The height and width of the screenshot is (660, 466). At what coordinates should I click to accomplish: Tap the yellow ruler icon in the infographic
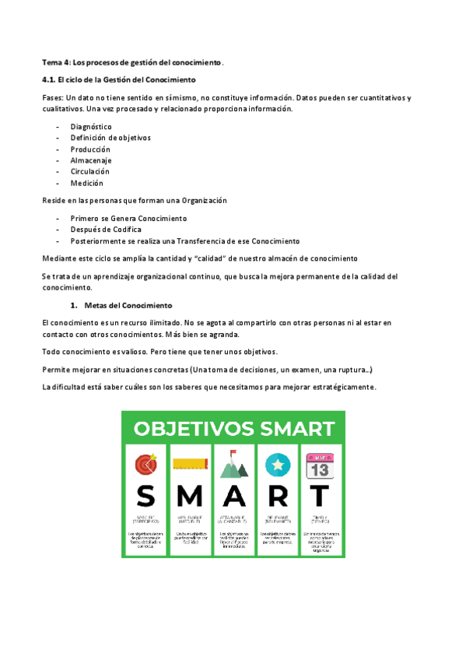pos(189,464)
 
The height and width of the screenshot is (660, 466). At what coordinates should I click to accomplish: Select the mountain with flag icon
pos(233,464)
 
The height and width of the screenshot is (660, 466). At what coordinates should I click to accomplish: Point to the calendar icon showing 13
pos(320,465)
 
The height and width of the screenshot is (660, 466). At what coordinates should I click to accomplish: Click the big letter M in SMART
pos(189,496)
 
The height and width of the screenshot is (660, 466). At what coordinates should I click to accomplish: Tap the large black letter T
pos(320,496)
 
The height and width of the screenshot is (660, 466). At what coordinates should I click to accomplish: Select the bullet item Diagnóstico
pos(90,126)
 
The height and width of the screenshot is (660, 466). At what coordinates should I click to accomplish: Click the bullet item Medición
pos(86,183)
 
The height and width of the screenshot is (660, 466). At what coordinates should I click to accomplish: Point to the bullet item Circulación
pos(89,171)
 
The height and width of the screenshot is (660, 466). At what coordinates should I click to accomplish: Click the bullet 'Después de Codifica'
pos(106,230)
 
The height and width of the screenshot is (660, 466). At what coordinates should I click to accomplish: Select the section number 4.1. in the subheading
pos(51,80)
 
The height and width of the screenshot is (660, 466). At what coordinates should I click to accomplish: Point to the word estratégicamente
pos(337,387)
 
